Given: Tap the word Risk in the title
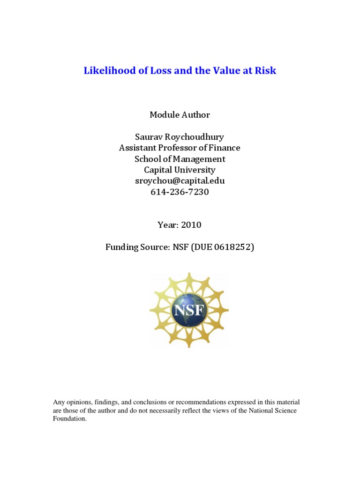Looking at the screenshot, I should click(x=266, y=71).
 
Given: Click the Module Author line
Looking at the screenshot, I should click(x=180, y=115).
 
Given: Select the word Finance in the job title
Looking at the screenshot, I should click(x=223, y=148).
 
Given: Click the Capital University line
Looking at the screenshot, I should click(x=180, y=170).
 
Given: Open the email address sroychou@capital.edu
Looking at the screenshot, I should click(x=180, y=181).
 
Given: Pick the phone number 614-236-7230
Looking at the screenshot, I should click(x=180, y=192).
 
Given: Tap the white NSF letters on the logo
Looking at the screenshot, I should click(x=189, y=311).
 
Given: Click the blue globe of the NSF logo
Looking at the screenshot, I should click(x=189, y=323).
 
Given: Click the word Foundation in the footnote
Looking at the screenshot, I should click(x=70, y=419).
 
